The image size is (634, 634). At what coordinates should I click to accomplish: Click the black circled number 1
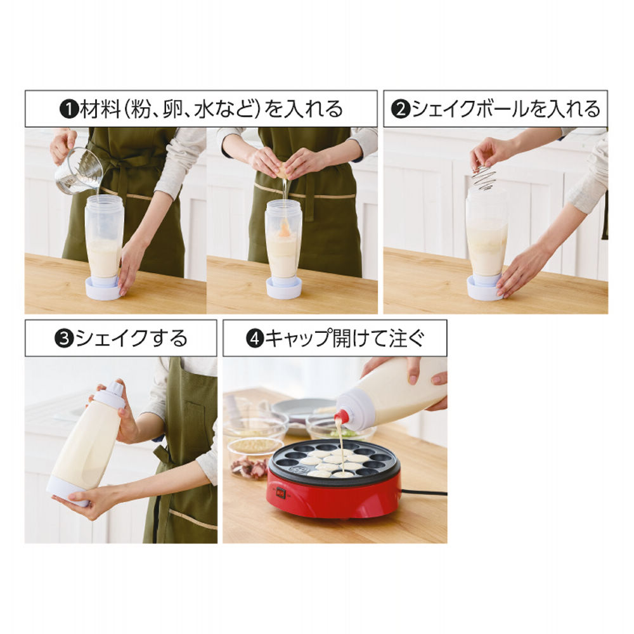click(x=69, y=110)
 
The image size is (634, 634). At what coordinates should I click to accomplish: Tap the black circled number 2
click(x=401, y=110)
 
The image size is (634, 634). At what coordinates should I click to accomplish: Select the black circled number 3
click(x=64, y=339)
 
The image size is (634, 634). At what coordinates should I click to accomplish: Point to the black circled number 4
click(x=255, y=339)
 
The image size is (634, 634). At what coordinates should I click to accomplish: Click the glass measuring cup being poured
click(x=78, y=171)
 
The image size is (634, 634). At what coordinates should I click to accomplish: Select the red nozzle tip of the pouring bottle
click(x=340, y=415)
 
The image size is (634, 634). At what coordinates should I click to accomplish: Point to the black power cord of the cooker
click(x=424, y=493)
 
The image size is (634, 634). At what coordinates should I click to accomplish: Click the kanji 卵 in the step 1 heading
click(x=172, y=110)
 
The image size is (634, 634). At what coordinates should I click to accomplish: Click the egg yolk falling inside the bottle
click(x=285, y=231)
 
